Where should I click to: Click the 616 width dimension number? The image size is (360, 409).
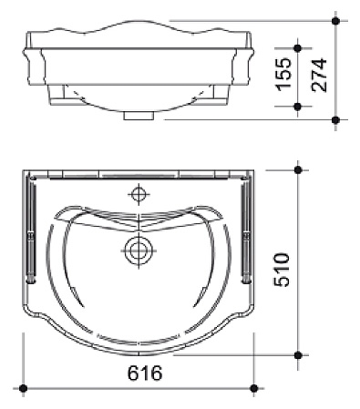coord(145,373)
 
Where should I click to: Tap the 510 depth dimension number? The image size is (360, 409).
coord(282,270)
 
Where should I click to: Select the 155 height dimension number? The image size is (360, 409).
coord(283,74)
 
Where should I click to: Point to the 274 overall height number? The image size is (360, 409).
coord(319,75)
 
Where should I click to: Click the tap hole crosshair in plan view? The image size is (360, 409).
coord(139,194)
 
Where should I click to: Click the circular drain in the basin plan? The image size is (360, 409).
coord(139,251)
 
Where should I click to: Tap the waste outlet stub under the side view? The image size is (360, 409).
coord(139,116)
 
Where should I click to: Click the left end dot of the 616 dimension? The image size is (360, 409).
coord(23,388)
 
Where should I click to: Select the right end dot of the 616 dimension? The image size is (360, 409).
coord(254,388)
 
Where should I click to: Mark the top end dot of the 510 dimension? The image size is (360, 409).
coord(298,169)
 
